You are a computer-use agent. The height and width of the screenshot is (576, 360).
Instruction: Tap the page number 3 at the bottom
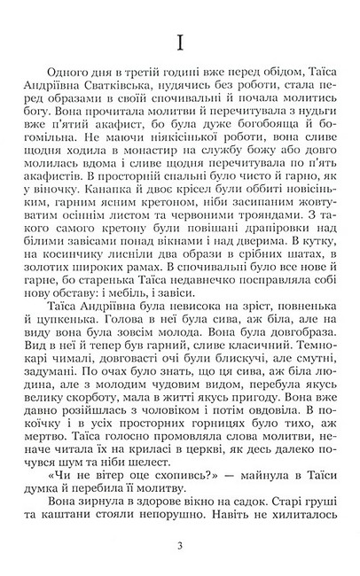point(179,543)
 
